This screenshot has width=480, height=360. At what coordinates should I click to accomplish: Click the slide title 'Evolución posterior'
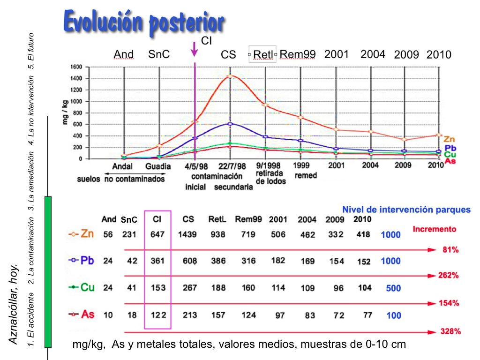tap(143, 22)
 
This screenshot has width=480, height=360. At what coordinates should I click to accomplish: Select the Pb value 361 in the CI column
tap(158, 261)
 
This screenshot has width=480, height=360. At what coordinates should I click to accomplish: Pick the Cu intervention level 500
tap(393, 288)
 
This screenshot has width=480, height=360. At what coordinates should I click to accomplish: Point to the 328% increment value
tap(450, 331)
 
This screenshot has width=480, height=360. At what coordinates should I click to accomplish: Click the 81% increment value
tap(450, 250)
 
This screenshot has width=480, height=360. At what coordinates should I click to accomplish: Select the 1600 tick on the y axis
tap(76, 67)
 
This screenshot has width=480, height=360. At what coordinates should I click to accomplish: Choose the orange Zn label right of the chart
tap(449, 139)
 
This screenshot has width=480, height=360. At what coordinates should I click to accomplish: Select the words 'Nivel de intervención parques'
tap(406, 210)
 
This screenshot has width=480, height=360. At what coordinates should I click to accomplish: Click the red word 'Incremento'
tap(434, 229)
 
